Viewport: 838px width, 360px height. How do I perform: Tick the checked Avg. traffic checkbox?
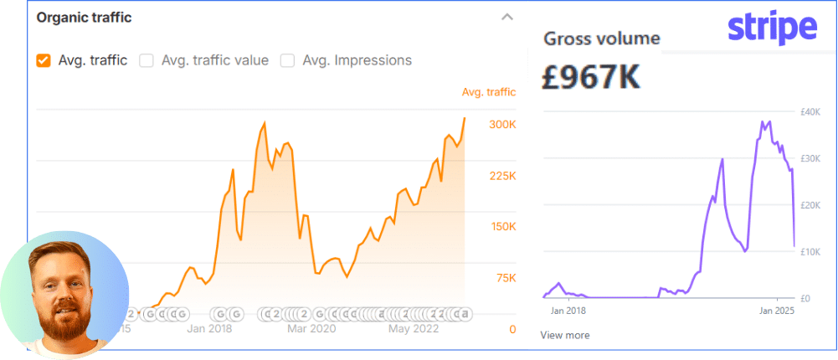43,60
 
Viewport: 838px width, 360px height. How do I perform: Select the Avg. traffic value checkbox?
147,60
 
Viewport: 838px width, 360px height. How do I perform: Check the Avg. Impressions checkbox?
287,60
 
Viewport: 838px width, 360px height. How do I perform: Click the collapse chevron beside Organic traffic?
506,17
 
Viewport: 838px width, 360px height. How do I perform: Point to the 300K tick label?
502,125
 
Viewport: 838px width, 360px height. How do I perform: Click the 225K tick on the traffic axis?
502,176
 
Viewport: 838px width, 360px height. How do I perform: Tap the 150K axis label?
502,227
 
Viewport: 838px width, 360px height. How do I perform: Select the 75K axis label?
505,278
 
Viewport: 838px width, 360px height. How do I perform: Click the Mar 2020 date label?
311,329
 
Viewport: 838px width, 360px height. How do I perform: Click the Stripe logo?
772,29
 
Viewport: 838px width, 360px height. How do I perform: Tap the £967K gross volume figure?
591,77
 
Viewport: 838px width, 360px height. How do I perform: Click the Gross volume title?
601,39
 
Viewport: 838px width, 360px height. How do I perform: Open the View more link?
564,335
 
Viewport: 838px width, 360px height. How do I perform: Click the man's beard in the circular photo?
64,322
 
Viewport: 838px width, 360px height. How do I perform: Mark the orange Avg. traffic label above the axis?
489,92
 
